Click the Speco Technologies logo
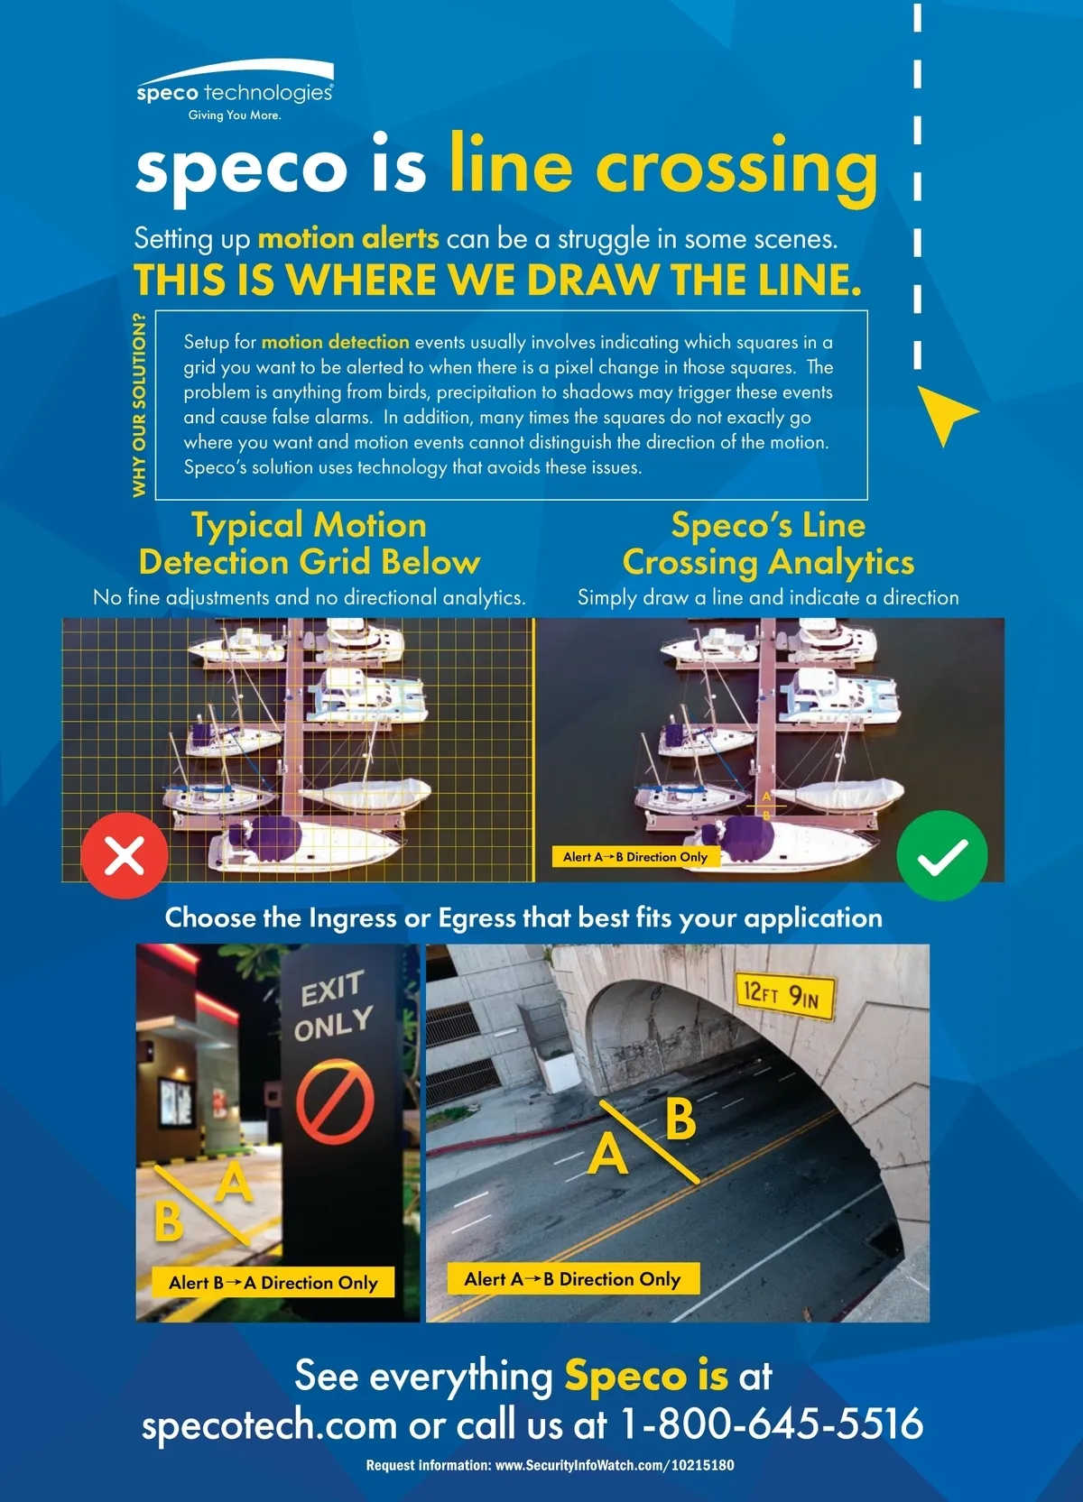click(234, 90)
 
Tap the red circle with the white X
click(125, 855)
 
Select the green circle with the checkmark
click(942, 855)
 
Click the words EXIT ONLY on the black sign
click(334, 1006)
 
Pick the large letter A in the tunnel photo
click(607, 1154)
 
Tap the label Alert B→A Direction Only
click(273, 1282)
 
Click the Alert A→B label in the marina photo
click(635, 856)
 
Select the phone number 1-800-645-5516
click(771, 1423)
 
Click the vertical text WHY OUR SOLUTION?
click(139, 405)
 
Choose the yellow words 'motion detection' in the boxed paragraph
click(335, 342)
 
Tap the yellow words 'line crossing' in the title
click(663, 168)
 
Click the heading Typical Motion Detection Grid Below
click(310, 543)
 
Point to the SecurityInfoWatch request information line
click(550, 1465)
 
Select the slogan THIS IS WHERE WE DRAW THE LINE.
click(497, 280)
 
